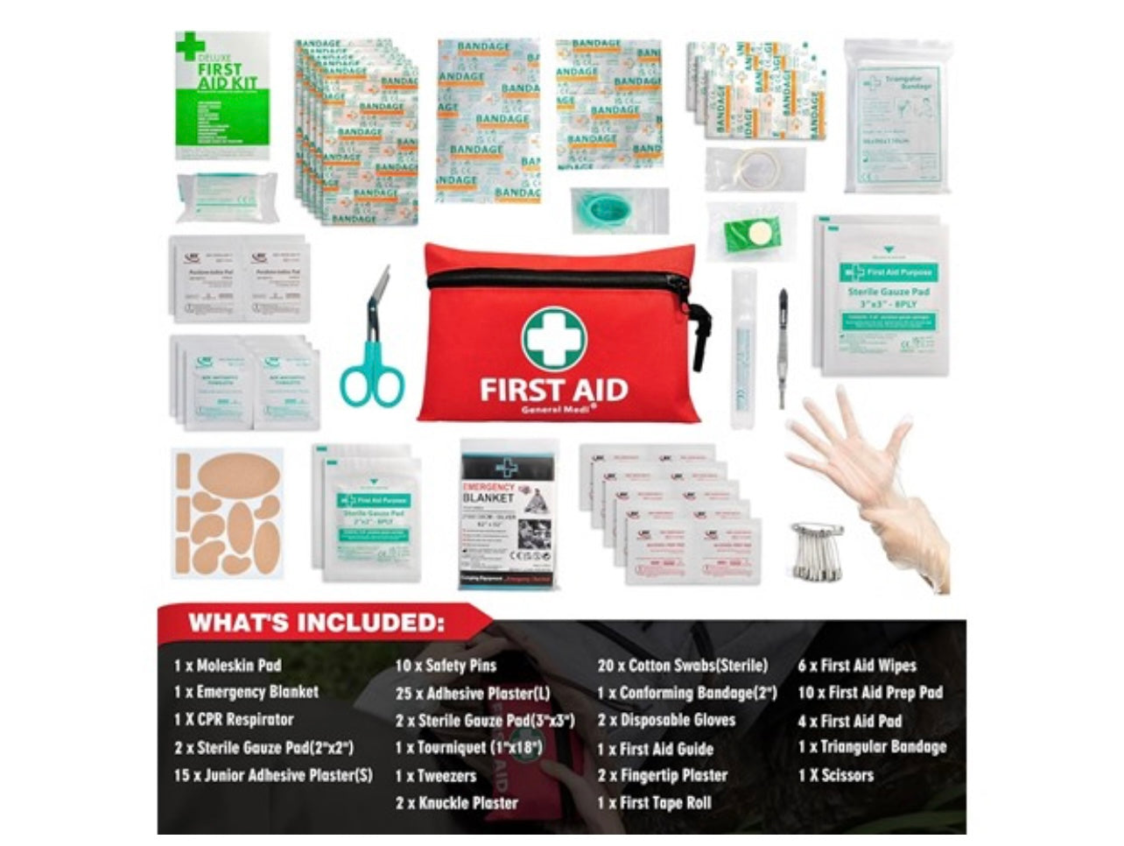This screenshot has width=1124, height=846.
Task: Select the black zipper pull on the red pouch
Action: point(700,337)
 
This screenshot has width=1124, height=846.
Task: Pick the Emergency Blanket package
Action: point(509,514)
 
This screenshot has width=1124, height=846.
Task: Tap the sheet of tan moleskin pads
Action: point(228,511)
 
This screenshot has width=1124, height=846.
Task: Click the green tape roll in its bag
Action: point(751,232)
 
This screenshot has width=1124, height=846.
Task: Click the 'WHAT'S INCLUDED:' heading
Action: point(313,623)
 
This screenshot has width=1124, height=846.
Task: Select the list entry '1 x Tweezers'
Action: point(436,776)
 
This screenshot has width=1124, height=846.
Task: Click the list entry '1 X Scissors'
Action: point(835,775)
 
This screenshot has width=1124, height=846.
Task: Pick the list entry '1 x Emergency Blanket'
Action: point(246,692)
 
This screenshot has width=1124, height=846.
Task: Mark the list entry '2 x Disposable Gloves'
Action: point(666,721)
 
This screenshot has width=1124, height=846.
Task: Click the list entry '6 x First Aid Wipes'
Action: point(856,666)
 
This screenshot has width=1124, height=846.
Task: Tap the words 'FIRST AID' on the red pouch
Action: point(553,388)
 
